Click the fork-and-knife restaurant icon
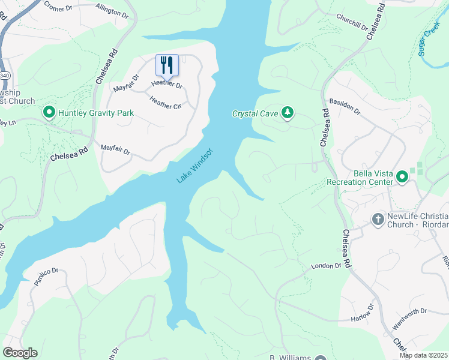167,64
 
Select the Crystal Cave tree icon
288,112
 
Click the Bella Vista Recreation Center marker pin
401,176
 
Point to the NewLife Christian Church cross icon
378,219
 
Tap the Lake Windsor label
195,165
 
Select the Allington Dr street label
112,10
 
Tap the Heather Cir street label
166,103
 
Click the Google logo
20,353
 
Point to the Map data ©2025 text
423,355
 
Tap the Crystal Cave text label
256,113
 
